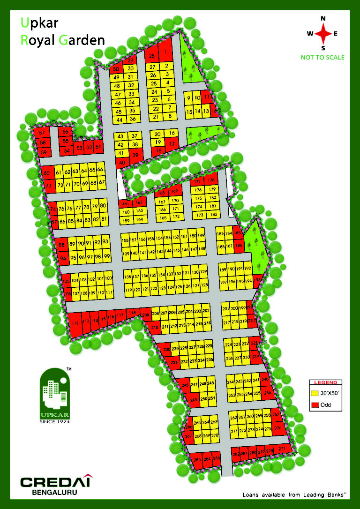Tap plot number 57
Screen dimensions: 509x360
42,133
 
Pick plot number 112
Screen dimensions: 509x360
75,323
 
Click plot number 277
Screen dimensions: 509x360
282,449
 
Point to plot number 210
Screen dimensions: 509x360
155,327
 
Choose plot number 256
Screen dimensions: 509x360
268,393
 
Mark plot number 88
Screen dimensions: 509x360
61,245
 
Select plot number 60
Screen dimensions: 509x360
47,173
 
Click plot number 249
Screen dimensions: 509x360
194,399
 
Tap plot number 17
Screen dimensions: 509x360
172,144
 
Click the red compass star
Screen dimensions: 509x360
322,33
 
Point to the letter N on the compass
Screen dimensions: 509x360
322,19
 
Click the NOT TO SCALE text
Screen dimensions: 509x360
322,58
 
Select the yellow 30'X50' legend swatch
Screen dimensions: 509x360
315,393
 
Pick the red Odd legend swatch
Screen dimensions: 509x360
315,404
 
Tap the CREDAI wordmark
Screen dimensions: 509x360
56,482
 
